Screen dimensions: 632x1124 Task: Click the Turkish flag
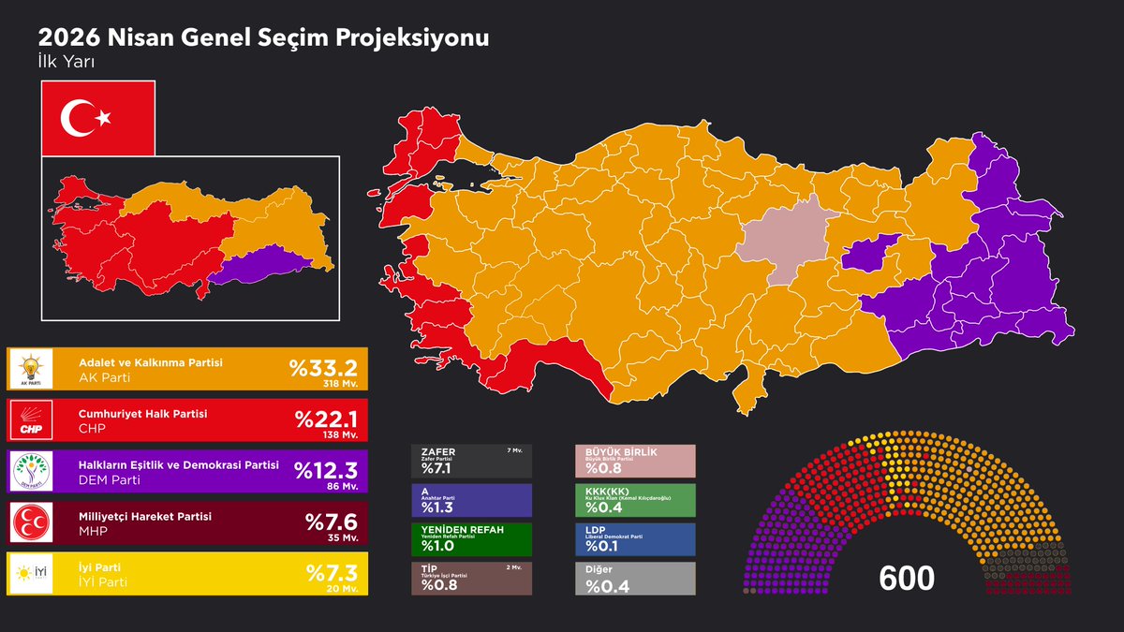(98, 118)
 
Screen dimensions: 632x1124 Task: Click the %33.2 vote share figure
(324, 366)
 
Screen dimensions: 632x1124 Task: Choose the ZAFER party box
(471, 461)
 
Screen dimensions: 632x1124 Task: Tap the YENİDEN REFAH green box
(471, 539)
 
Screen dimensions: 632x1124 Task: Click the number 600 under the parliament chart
(907, 578)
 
